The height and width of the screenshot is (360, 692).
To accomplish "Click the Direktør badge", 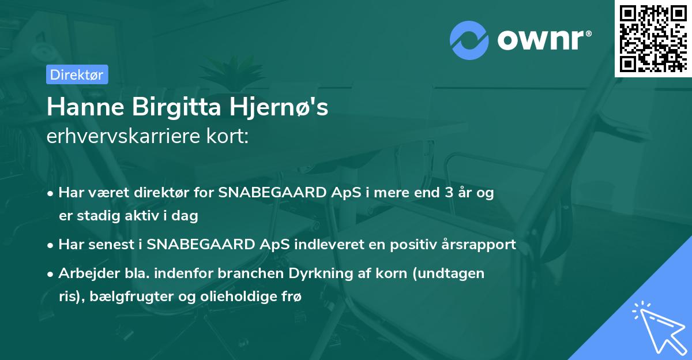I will (x=77, y=74).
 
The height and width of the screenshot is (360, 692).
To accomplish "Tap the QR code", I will (x=653, y=38).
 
